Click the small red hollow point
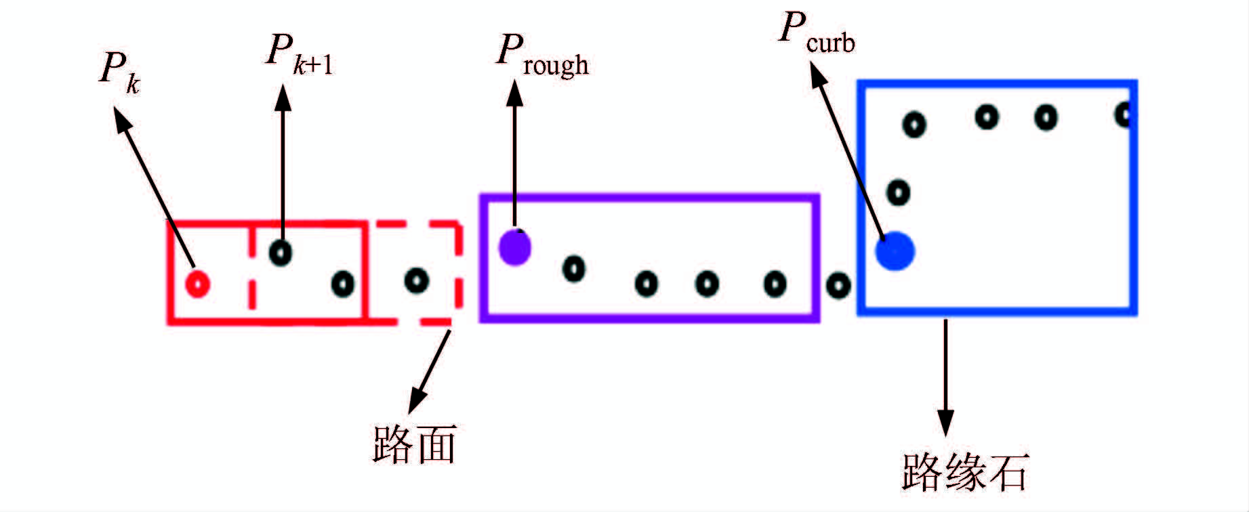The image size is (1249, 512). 198,284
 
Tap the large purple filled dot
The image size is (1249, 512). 514,247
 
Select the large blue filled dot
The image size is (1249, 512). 895,251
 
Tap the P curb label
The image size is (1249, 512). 816,34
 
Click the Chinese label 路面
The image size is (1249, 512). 414,444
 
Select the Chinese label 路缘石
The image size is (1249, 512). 965,471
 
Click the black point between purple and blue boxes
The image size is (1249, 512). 838,285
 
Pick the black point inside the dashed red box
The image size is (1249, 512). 416,280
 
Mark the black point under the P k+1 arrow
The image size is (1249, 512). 281,253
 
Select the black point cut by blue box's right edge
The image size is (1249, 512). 1124,114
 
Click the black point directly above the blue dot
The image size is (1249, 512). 898,192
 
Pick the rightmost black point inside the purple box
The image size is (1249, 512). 775,284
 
